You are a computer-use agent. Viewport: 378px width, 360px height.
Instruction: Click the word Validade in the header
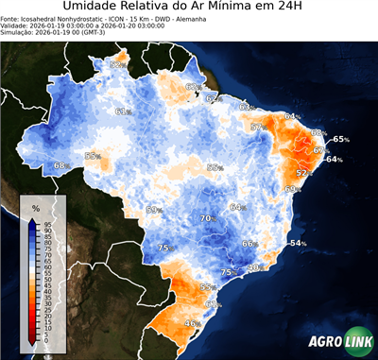click(15, 28)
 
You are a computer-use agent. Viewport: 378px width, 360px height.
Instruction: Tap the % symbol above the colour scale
click(35, 205)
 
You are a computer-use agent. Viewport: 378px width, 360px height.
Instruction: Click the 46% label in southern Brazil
click(193, 323)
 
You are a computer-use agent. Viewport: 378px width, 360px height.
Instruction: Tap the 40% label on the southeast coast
click(254, 267)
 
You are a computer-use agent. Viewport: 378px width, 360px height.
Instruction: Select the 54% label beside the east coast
click(299, 243)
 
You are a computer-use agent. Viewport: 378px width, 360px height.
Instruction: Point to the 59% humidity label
click(154, 210)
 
